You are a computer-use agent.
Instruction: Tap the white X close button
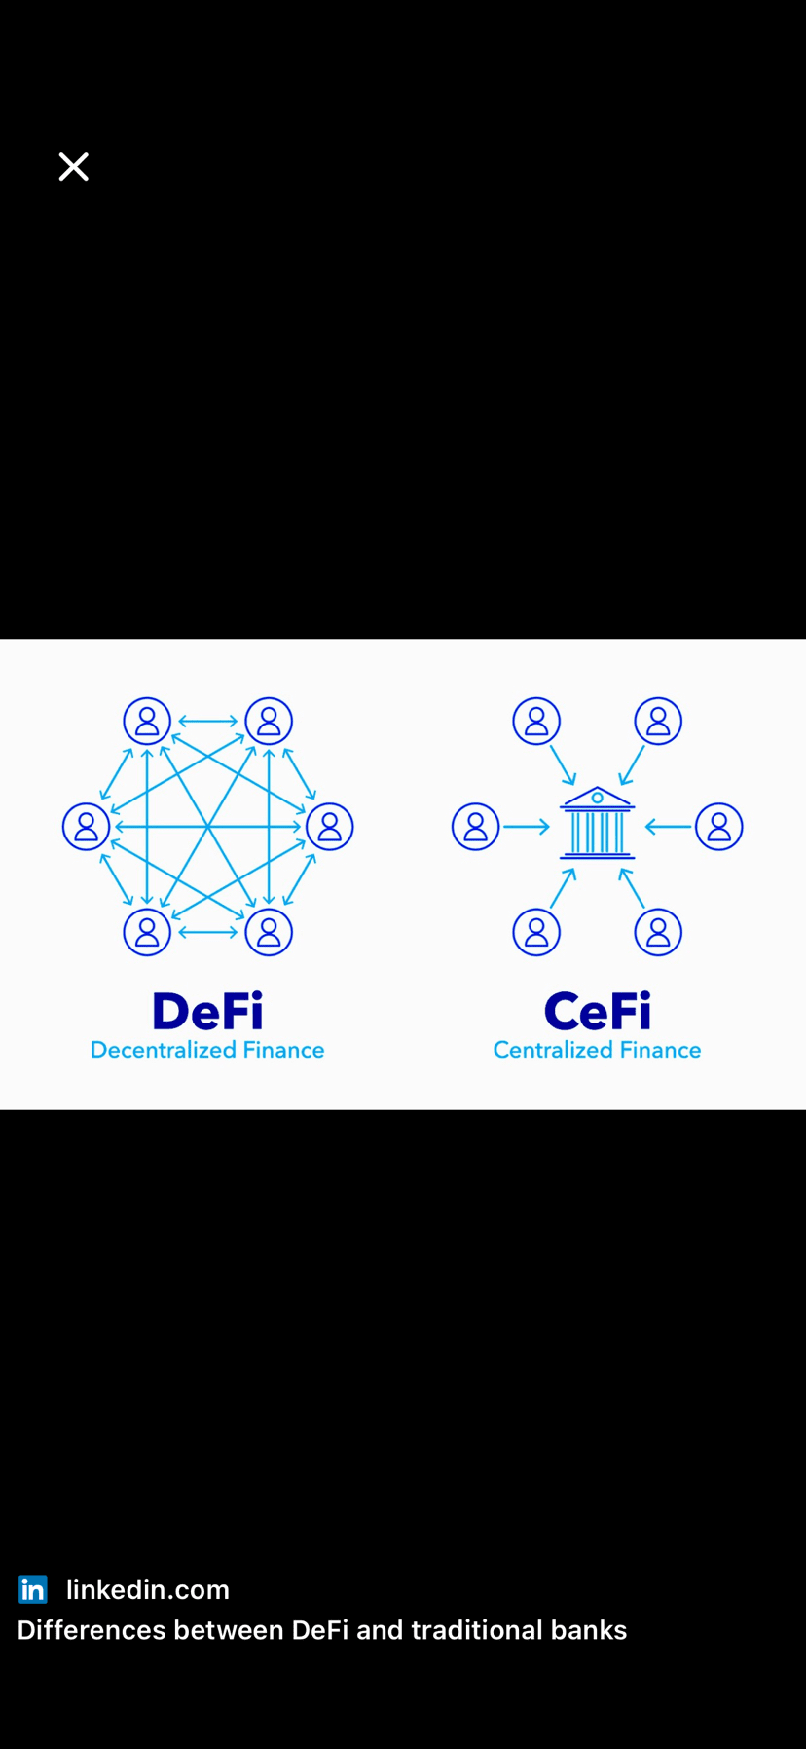tap(73, 167)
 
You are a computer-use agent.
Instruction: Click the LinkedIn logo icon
tap(33, 1589)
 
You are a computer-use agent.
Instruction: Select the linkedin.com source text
tap(148, 1589)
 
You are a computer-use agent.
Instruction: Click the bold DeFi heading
tap(207, 1012)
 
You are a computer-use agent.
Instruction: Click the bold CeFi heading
tap(597, 1012)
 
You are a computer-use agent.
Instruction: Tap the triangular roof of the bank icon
tap(597, 798)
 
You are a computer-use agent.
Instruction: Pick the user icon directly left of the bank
tap(475, 827)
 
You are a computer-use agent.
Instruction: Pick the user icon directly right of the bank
tap(719, 827)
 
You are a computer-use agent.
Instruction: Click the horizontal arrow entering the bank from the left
tap(527, 827)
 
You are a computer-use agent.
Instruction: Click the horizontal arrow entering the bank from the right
tap(668, 827)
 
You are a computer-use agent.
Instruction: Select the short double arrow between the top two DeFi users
tap(207, 722)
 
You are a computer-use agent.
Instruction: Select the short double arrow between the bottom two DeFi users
tap(207, 932)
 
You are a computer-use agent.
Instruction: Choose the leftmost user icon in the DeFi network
tap(86, 827)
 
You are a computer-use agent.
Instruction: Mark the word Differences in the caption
tap(92, 1630)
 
